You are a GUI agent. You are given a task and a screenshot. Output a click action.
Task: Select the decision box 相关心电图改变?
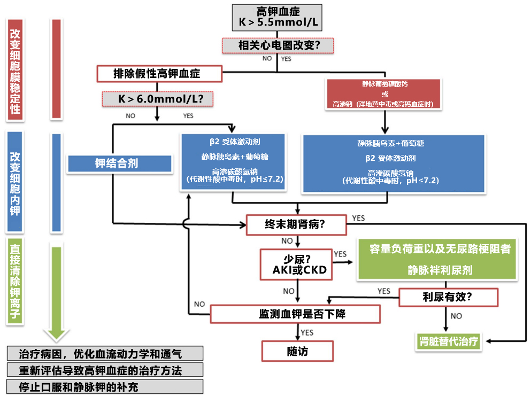point(278,45)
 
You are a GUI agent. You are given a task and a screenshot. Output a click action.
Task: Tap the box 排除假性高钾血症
point(159,74)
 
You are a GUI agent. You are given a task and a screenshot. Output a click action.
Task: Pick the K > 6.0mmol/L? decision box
point(158,99)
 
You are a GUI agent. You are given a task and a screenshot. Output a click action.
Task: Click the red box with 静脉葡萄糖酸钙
point(383,94)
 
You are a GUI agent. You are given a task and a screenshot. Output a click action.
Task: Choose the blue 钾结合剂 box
point(119,164)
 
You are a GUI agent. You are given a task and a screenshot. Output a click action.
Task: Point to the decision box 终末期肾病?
point(296,224)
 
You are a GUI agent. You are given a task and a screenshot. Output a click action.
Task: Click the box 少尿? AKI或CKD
point(294,264)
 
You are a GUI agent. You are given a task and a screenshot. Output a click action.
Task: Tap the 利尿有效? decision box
point(448,297)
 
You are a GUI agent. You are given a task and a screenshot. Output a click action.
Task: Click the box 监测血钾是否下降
point(295,314)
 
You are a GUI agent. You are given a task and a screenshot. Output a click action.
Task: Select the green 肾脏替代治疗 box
point(448,341)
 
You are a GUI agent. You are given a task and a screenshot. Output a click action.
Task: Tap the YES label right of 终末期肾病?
point(358,219)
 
